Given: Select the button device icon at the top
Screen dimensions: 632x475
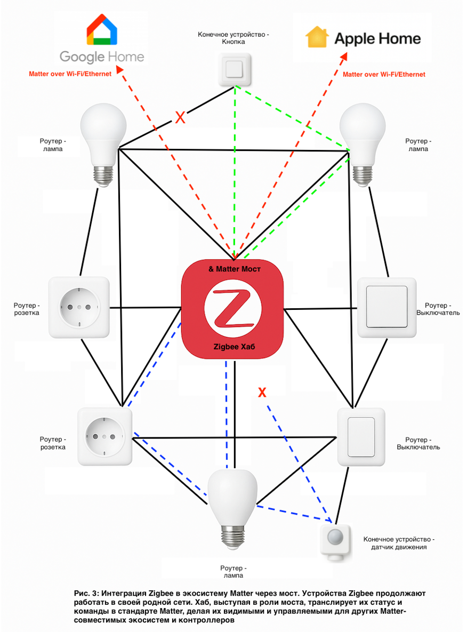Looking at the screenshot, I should click(x=234, y=69).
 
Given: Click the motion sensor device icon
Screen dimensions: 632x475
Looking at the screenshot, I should click(x=336, y=541).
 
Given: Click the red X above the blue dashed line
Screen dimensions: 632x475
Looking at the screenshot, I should click(x=262, y=393).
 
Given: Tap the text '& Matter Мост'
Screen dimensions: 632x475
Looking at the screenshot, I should click(x=235, y=269).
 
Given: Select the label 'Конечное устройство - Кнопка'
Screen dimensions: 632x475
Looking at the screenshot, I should click(x=234, y=38).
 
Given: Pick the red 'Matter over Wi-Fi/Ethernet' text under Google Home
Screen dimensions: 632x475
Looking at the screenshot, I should click(x=70, y=74).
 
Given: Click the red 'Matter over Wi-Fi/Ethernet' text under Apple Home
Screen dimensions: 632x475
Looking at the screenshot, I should click(x=384, y=75).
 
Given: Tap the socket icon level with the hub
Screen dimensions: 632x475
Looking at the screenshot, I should click(x=79, y=307).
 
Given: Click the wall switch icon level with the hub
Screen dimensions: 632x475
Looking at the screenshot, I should click(x=387, y=307).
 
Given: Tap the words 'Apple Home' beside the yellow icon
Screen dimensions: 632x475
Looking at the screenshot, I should click(x=377, y=38).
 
